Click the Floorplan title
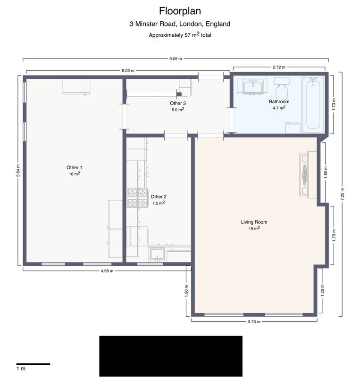coord(180,11)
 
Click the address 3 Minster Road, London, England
coord(180,24)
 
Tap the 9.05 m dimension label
coord(176,58)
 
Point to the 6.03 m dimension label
coord(128,70)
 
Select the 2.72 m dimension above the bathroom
coord(279,67)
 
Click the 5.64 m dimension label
coord(18,171)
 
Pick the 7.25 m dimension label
coord(343,195)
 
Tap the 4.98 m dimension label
coord(107,271)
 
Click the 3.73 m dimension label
coord(254,322)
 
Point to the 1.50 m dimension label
coord(186,291)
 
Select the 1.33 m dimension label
coord(322,290)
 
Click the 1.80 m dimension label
coord(326,172)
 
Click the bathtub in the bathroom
coord(313,105)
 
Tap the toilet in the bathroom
coord(281,88)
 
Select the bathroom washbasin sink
coord(252,86)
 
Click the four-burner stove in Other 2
coord(137,198)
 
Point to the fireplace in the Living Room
coord(308,174)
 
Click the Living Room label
coord(254,222)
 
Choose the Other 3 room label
coord(178,103)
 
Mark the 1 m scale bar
coord(33,364)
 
